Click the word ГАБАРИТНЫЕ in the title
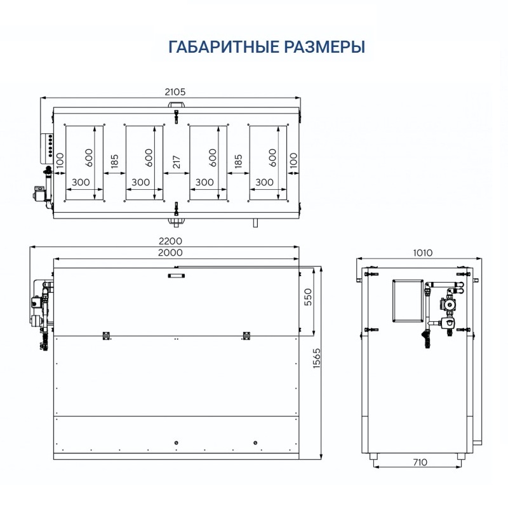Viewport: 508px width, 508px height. click(x=215, y=47)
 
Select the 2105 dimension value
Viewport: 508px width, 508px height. click(x=174, y=91)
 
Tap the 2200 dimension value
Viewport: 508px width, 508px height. click(x=171, y=241)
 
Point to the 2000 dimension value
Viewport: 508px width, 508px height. click(x=171, y=253)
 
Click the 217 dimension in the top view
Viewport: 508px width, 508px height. click(x=177, y=163)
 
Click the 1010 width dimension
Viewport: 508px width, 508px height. click(x=422, y=253)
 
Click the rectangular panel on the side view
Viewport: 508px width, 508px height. click(x=407, y=300)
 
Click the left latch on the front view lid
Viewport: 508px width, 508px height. click(x=106, y=335)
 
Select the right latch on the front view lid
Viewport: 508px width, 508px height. click(x=244, y=335)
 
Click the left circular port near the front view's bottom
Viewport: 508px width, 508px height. click(x=176, y=442)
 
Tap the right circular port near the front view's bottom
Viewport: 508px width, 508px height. click(x=255, y=442)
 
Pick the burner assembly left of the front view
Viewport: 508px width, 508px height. click(x=40, y=308)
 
